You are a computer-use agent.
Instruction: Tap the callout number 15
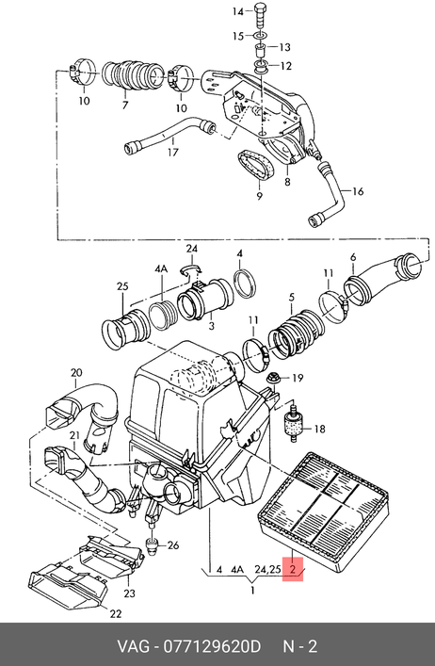pos(237,37)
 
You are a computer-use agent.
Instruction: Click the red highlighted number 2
pos(293,569)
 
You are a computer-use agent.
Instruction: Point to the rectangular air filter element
pos(323,512)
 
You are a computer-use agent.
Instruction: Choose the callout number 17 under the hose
pos(172,152)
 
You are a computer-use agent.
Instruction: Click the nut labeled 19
pos(270,378)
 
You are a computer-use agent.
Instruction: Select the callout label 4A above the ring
pos(161,268)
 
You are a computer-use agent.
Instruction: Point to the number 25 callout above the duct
pos(122,286)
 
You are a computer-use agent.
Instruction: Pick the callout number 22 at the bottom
pos(116,613)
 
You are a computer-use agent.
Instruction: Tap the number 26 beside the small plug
pos(173,544)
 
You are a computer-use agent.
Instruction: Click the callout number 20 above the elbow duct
pos(76,373)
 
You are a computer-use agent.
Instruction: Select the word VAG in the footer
pos(134,647)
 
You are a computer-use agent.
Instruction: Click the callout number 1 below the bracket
pos(252,590)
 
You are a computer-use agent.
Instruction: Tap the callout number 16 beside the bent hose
pos(358,191)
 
